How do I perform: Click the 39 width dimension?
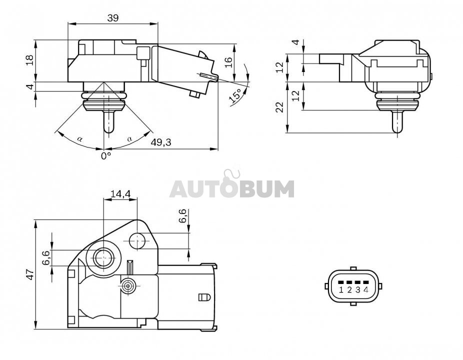pyautogui.click(x=113, y=18)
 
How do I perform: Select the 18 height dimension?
pyautogui.click(x=30, y=60)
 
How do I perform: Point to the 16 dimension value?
pyautogui.click(x=229, y=62)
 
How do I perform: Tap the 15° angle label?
pyautogui.click(x=236, y=95)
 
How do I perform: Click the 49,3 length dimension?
pyautogui.click(x=161, y=142)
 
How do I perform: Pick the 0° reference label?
pyautogui.click(x=106, y=155)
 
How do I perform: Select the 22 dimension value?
pyautogui.click(x=279, y=106)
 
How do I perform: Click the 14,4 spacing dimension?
pyautogui.click(x=120, y=193)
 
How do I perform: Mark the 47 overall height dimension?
pyautogui.click(x=30, y=274)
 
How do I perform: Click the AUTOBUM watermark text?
pyautogui.click(x=232, y=188)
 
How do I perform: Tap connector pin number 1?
pyautogui.click(x=341, y=289)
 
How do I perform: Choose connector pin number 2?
pyautogui.click(x=349, y=289)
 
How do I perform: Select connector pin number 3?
pyautogui.click(x=358, y=289)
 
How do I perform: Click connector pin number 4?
pyautogui.click(x=366, y=289)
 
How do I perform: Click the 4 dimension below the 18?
pyautogui.click(x=30, y=86)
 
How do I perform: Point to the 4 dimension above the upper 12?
pyautogui.click(x=296, y=42)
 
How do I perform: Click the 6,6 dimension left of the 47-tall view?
pyautogui.click(x=46, y=258)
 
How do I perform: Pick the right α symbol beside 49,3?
pyautogui.click(x=129, y=138)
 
